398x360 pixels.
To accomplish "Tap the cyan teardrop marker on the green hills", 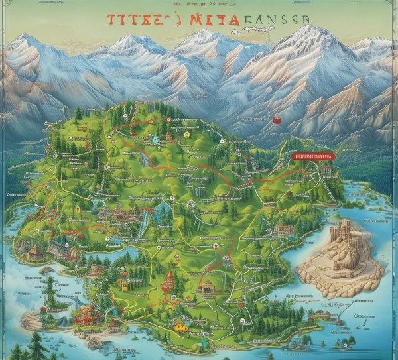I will click(155, 140).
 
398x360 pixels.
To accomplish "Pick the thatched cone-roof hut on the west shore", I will click(35, 251).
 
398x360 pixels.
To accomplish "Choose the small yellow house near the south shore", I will click(178, 326).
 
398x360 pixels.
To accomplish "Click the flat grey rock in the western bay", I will click(46, 270).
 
